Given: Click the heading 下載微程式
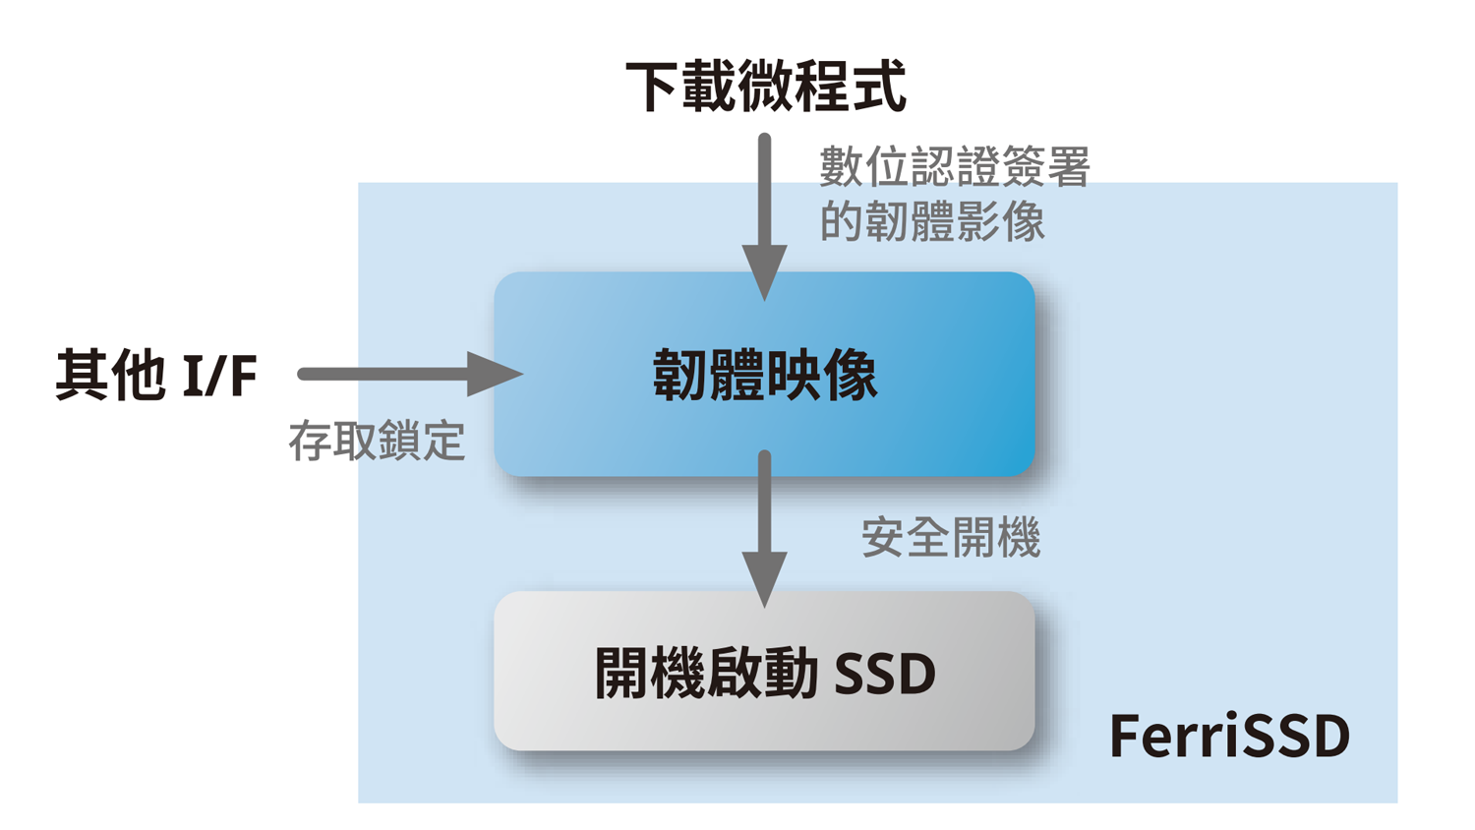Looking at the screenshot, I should [x=765, y=87].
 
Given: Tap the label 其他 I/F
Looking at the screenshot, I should [x=156, y=375].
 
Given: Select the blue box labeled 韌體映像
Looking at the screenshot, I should [x=765, y=375].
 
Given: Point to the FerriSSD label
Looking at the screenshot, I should [x=1229, y=736].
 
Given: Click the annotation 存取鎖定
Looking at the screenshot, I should [x=377, y=441].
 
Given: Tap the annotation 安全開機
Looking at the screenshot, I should [x=950, y=538].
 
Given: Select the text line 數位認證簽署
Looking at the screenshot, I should [x=954, y=167].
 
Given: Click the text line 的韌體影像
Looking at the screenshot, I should [x=932, y=222].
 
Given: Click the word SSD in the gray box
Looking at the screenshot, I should [x=884, y=675].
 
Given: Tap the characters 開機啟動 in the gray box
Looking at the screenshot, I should [x=706, y=674].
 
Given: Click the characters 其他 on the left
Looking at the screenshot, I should [x=110, y=375].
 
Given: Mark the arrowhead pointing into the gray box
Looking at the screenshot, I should [x=764, y=580].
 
